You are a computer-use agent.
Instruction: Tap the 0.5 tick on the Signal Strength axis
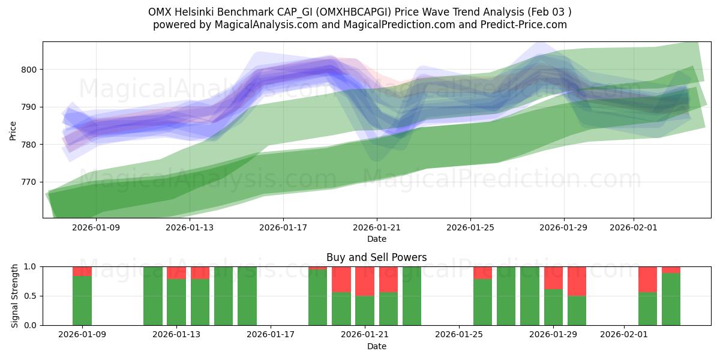[x=31, y=296]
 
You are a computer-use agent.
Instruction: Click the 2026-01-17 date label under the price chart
[x=283, y=227]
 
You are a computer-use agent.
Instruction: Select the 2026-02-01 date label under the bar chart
[x=625, y=334]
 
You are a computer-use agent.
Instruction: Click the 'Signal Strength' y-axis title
[x=15, y=296]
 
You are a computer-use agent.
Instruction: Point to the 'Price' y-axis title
[x=13, y=130]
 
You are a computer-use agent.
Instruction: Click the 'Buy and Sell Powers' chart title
[x=376, y=257]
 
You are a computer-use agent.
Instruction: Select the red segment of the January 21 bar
[x=365, y=281]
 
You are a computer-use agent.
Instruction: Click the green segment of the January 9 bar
[x=82, y=301]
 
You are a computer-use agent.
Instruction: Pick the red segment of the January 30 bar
[x=577, y=281]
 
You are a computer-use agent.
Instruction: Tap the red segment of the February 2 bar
[x=647, y=279]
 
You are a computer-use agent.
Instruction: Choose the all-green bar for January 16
[x=247, y=296]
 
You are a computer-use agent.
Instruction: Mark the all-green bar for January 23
[x=412, y=296]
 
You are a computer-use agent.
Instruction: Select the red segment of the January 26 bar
[x=482, y=272]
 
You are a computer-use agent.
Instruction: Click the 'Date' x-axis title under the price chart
[x=376, y=239]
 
